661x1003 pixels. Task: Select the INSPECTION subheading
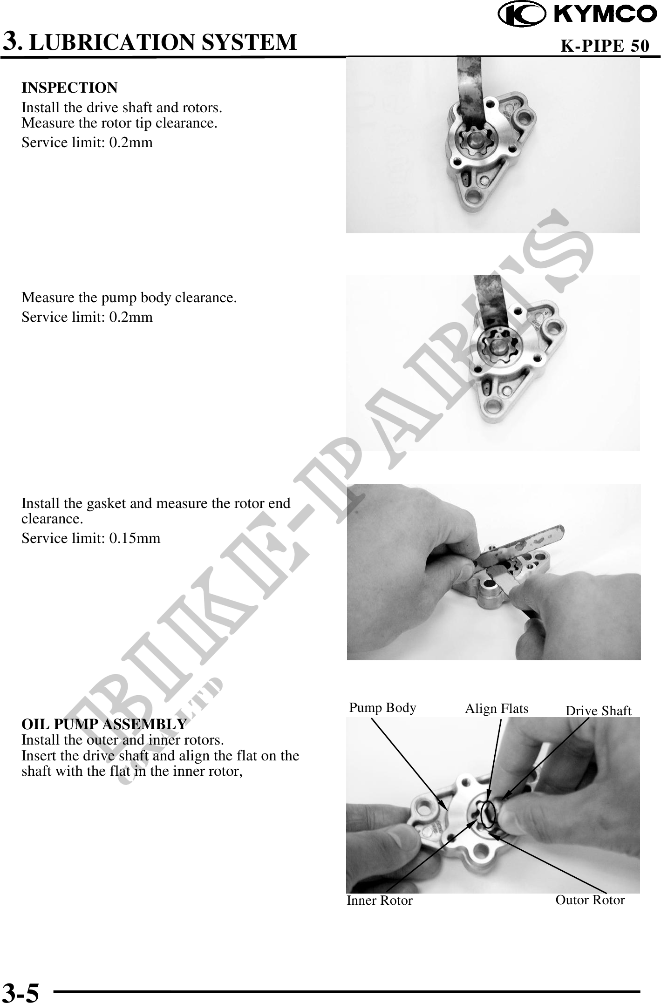point(69,88)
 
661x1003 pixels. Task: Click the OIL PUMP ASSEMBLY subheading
point(104,725)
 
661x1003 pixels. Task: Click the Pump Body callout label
point(382,708)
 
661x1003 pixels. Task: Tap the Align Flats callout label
point(497,709)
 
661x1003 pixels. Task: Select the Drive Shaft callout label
point(598,711)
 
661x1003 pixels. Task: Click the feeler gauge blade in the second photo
point(489,307)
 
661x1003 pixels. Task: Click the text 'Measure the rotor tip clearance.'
point(119,123)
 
